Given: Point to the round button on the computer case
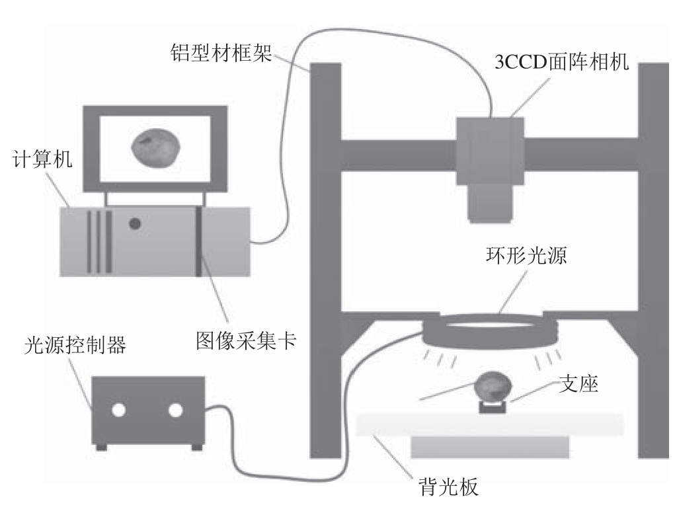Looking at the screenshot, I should tap(135, 224).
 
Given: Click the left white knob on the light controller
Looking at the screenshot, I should tap(118, 410).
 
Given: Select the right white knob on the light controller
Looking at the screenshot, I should tap(175, 410).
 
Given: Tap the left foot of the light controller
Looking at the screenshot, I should tap(100, 447).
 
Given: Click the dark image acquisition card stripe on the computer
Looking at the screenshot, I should tap(198, 241).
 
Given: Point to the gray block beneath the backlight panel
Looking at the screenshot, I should tap(490, 446).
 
